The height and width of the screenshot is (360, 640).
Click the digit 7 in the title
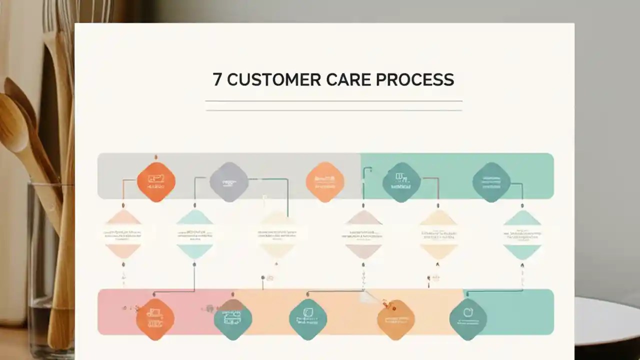(217, 80)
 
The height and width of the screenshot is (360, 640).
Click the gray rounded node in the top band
(229, 182)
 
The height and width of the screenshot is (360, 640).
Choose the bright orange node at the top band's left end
(156, 181)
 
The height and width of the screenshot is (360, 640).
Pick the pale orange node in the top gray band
(325, 182)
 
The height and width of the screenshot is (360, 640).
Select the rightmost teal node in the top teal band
(491, 182)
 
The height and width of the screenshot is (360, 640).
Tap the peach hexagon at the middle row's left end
(123, 234)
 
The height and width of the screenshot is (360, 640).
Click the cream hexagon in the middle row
(277, 234)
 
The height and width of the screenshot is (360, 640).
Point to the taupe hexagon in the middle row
(363, 234)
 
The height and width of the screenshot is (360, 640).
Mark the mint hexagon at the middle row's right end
(522, 234)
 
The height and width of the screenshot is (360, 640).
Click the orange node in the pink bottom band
(155, 319)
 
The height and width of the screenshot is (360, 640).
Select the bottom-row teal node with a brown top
(233, 319)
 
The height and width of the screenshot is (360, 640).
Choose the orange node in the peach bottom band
(396, 319)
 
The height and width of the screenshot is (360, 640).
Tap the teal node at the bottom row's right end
(468, 319)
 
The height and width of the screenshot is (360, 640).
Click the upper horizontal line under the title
(333, 101)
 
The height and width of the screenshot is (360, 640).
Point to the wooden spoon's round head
(12, 122)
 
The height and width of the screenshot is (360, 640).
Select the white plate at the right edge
(607, 320)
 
